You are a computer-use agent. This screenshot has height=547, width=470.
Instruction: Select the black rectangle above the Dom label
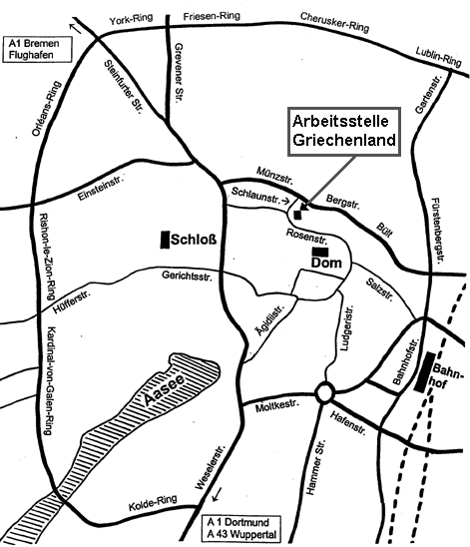[319, 251]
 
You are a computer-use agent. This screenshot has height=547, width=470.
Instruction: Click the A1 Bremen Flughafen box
[37, 51]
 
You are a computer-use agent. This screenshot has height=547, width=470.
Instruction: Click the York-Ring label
[134, 19]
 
